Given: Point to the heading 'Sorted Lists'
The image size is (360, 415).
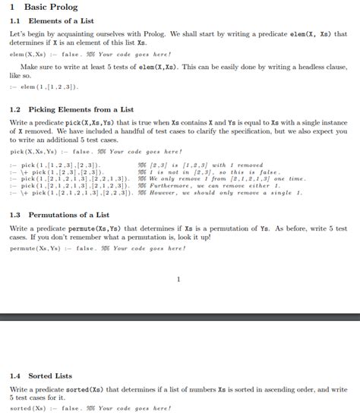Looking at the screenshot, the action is tap(50, 376).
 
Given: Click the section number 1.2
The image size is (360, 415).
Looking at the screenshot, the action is tap(15, 109).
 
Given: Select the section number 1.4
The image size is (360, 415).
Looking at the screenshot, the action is tap(15, 376).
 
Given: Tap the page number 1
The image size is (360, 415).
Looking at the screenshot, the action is tap(178, 279).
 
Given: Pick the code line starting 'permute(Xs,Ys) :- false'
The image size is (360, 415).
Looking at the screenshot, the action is tap(97, 248).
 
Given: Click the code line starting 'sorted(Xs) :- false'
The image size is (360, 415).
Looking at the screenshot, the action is tap(90, 408).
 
